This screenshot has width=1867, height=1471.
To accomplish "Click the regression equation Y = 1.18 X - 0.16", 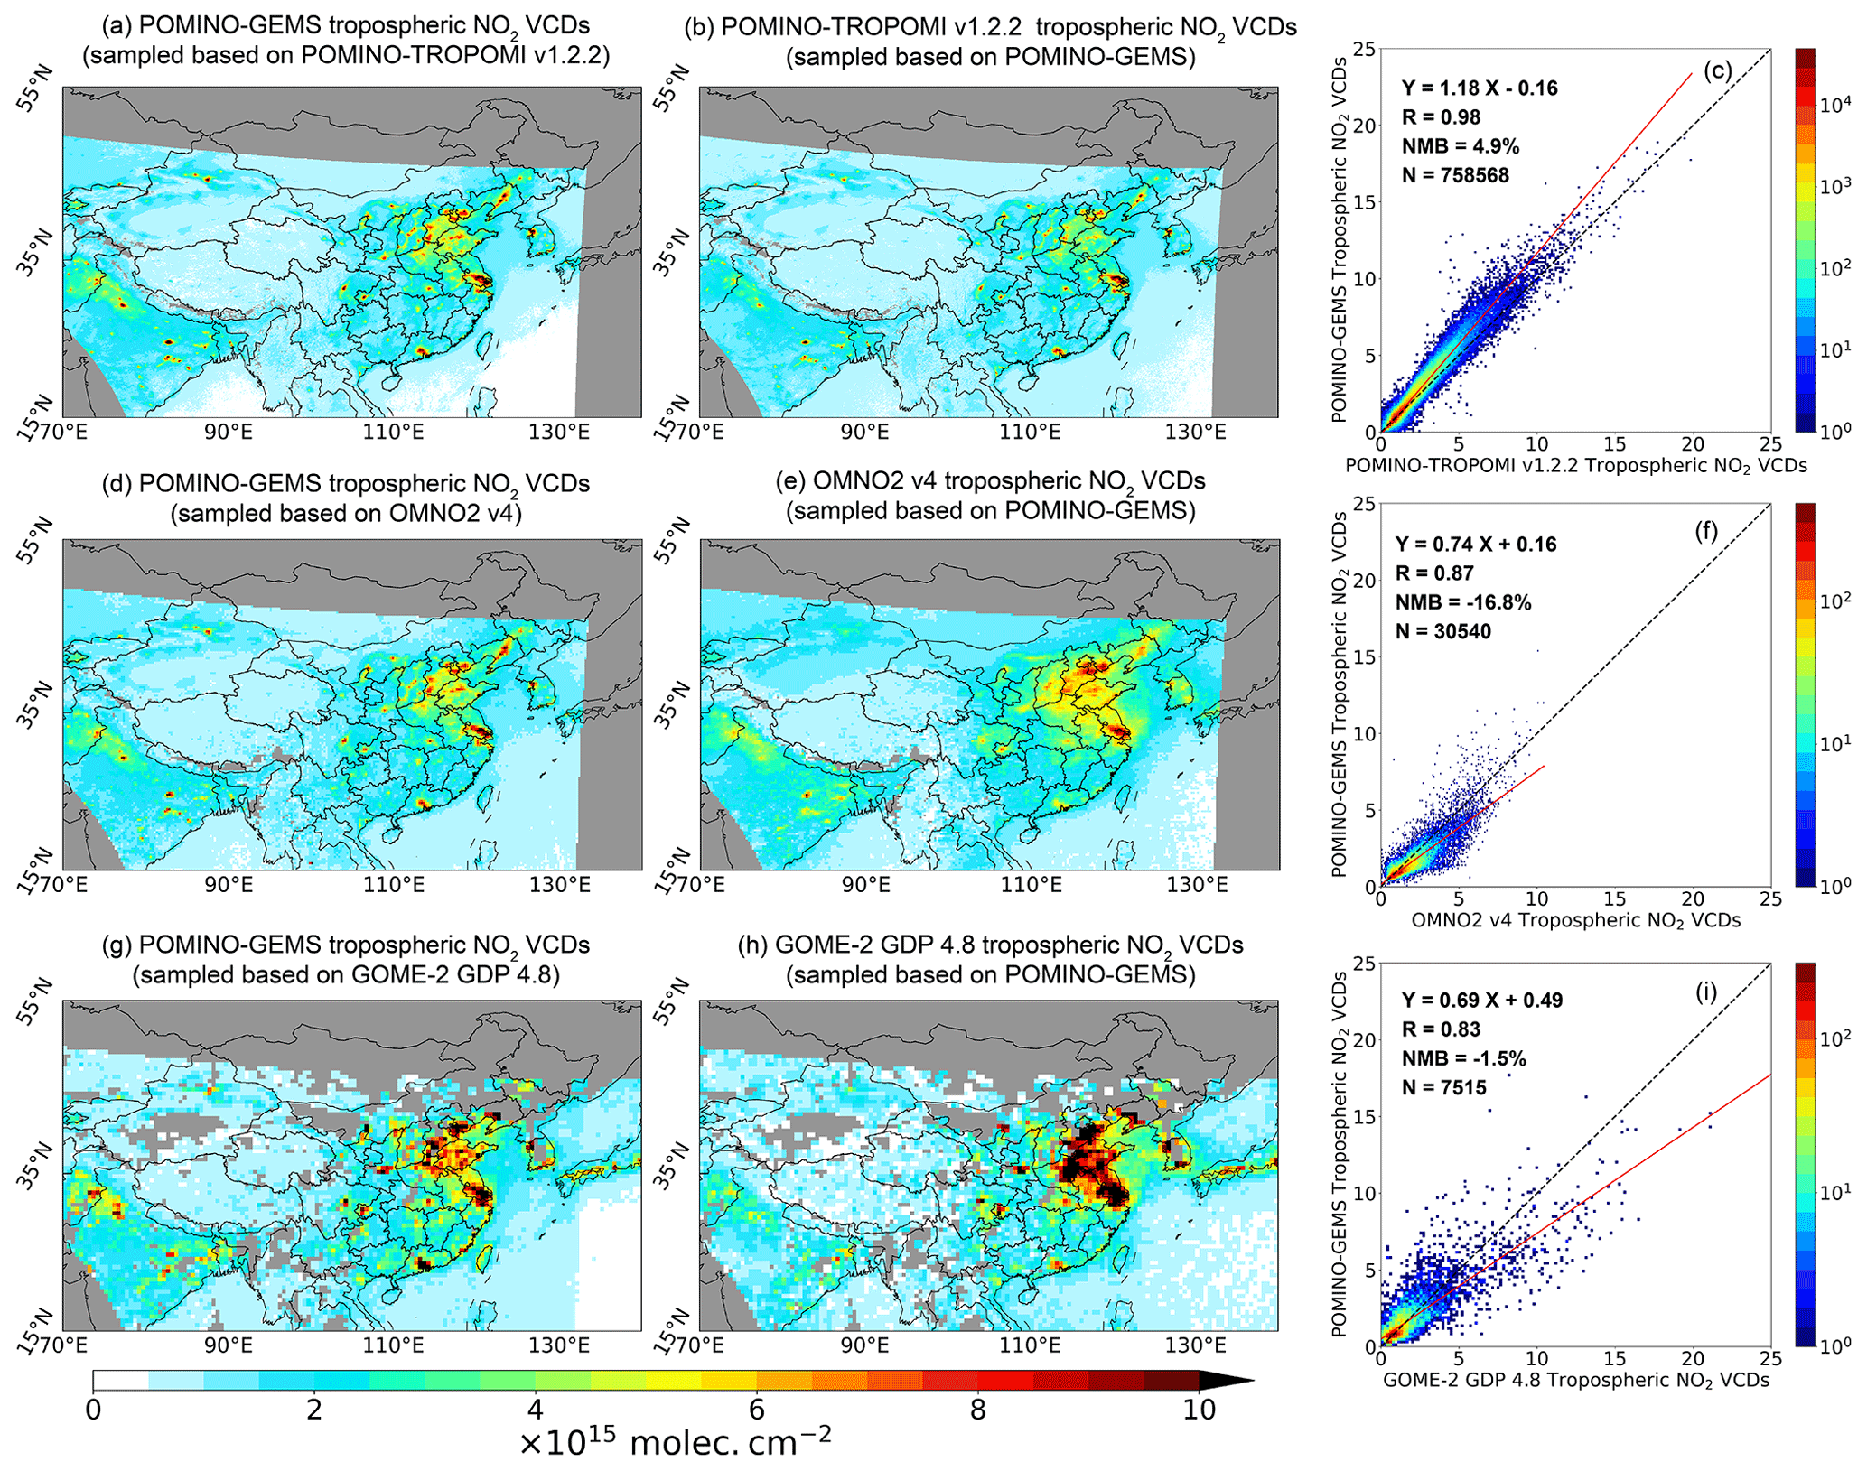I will point(1480,88).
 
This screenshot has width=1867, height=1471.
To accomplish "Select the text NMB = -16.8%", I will point(1463,602).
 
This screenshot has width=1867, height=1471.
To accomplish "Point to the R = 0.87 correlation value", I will point(1434,573).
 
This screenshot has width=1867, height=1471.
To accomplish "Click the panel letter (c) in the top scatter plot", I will point(1717,71).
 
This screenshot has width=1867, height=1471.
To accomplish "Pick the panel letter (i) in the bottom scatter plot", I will point(1706,992).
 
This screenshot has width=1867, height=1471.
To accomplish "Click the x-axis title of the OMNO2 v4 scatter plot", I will point(1575,920).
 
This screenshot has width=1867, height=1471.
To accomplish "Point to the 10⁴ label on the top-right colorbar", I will point(1834,106).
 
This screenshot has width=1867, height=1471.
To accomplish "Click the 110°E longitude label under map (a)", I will point(394,433).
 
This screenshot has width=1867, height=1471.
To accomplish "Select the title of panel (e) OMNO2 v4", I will point(990,481).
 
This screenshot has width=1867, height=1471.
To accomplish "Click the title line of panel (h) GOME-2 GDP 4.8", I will point(990,945).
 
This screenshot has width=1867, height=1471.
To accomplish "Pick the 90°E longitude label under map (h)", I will point(865,1346).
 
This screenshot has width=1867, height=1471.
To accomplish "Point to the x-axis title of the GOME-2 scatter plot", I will point(1575,1381).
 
